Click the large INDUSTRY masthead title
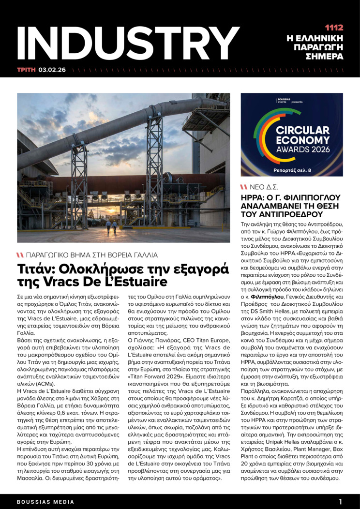(x=128, y=44)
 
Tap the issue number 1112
(x=334, y=28)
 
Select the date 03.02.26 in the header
(x=52, y=69)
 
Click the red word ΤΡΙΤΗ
(x=26, y=69)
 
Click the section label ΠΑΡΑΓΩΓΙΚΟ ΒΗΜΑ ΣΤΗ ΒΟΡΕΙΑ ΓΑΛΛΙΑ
(x=91, y=254)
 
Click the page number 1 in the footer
(x=341, y=502)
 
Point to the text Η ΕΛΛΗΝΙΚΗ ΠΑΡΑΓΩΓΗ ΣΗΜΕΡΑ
(x=321, y=47)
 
